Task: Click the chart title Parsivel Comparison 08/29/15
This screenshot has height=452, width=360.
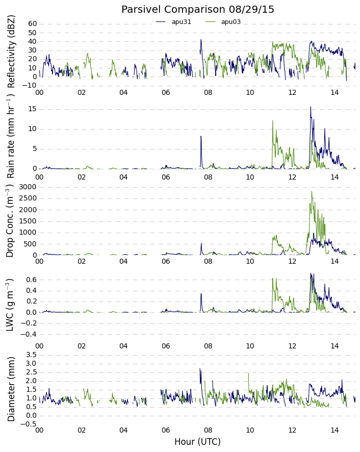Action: point(197,10)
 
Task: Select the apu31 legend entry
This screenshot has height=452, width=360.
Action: point(173,22)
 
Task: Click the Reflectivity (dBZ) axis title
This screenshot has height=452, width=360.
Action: point(11,52)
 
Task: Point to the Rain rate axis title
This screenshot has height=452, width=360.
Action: point(10,138)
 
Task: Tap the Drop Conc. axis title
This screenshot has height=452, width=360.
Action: point(10,221)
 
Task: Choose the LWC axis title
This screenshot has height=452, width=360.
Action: point(10,305)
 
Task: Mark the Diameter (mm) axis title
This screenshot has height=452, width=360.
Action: point(11,389)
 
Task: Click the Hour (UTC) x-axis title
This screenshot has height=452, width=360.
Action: point(197,442)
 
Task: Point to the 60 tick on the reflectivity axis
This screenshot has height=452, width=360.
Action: point(33,24)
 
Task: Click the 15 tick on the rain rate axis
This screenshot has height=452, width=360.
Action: point(33,109)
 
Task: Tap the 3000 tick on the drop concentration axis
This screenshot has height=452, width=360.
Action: point(28,187)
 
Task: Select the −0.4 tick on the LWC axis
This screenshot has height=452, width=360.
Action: point(28,334)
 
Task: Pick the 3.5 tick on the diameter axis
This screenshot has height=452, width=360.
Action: point(32,355)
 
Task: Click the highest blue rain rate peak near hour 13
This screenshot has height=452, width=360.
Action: point(311,107)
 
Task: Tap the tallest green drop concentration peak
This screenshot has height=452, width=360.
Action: point(312,192)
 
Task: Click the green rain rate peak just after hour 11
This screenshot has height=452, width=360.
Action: point(273,120)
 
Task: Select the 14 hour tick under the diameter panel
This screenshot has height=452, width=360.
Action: point(335,431)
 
